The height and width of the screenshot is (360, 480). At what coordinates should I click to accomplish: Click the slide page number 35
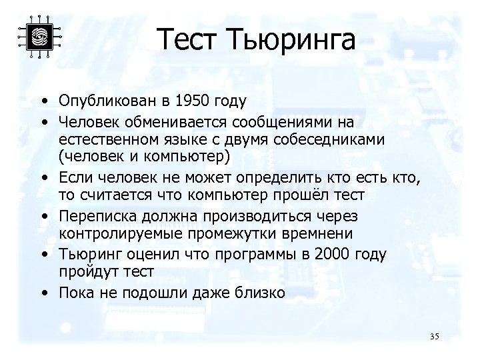(435, 335)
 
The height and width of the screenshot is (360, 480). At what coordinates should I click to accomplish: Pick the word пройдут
(85, 272)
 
